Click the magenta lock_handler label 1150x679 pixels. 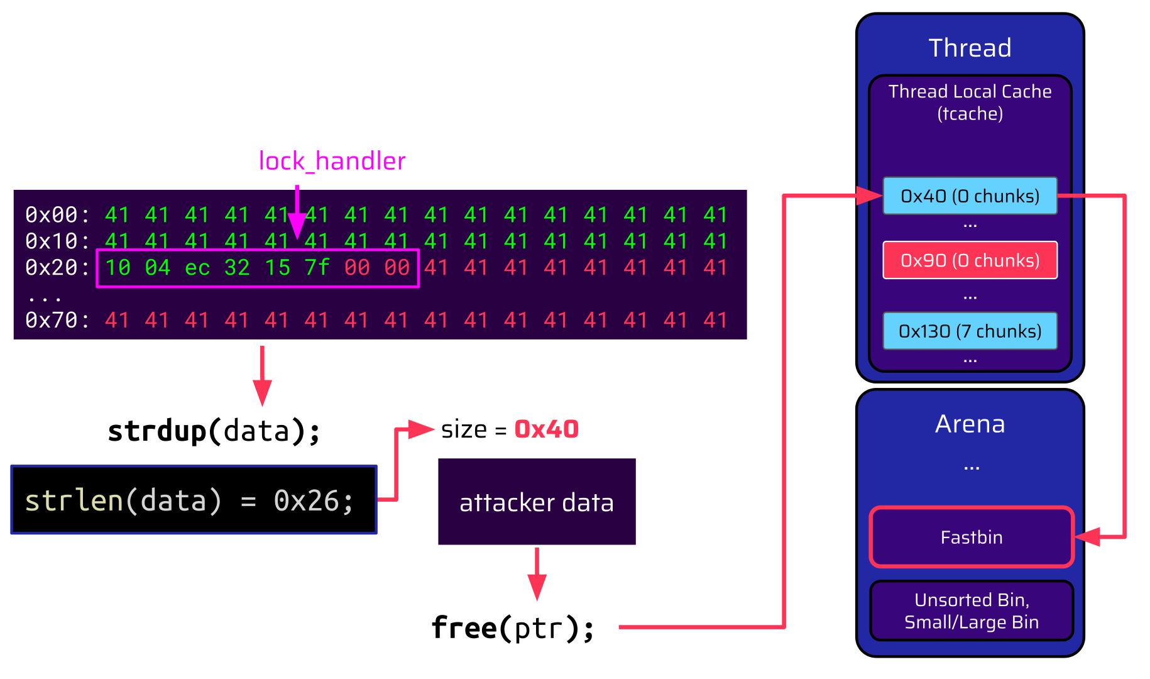pos(332,162)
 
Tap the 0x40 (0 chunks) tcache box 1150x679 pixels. pos(970,196)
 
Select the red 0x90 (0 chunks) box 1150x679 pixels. pos(970,260)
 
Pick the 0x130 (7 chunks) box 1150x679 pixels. pos(970,331)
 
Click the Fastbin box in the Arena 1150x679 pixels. pos(972,537)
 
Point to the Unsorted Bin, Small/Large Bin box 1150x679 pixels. pos(972,610)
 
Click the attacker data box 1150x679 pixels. pos(537,502)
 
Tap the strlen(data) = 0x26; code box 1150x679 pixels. pos(194,500)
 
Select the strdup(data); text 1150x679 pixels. pos(214,431)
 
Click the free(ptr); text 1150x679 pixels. pos(512,627)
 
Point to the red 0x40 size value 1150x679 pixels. pos(546,429)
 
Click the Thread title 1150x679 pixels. pos(970,48)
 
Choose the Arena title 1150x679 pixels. pos(970,424)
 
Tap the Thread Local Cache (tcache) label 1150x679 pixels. pos(970,102)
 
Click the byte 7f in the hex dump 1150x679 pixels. pos(317,268)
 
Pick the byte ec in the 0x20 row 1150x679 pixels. pos(197,268)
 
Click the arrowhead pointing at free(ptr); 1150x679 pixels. pos(537,588)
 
